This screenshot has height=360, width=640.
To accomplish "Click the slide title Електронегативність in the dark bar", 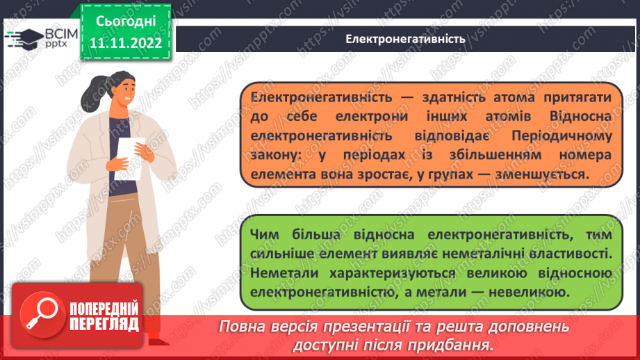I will click(405, 38).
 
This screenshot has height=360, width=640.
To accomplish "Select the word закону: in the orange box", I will click(275, 154).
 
